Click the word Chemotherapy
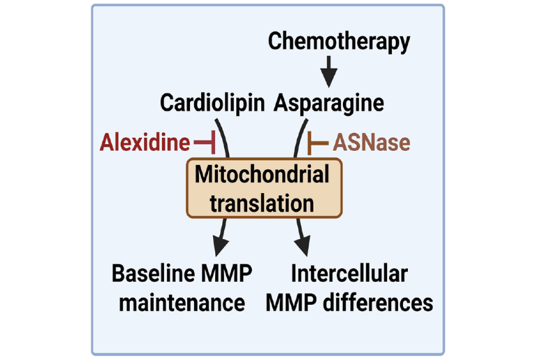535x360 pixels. coord(339,41)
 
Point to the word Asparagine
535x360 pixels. coord(329,103)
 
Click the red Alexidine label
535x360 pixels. coord(145,143)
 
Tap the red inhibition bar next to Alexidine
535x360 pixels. coord(205,143)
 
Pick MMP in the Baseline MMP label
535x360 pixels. coord(223,273)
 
